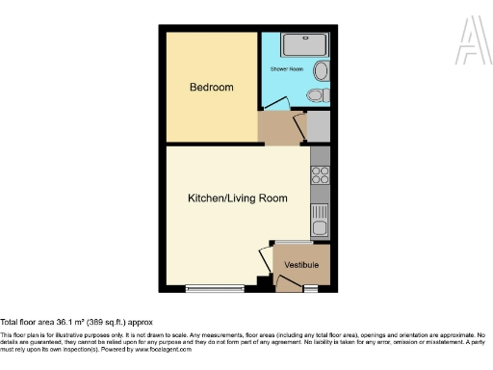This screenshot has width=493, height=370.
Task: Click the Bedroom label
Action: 211,88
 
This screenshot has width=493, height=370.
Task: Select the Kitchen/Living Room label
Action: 237,198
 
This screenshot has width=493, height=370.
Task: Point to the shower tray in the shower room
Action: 304,45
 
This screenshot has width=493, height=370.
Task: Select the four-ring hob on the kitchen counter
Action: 321,176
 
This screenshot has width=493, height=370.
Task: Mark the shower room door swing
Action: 273,101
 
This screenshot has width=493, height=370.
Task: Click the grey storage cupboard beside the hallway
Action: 320,127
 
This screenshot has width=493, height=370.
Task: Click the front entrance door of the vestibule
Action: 288,281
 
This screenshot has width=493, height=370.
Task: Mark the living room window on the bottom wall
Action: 214,288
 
